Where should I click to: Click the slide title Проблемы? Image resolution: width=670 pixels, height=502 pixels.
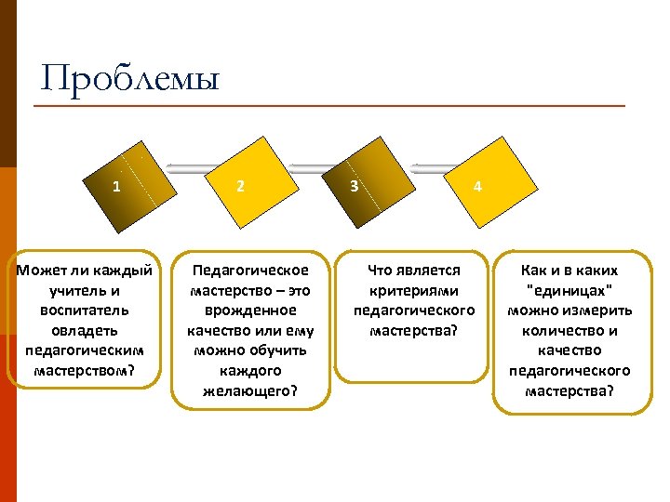tap(130, 79)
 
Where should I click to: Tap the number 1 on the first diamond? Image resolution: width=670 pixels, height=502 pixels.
tap(115, 186)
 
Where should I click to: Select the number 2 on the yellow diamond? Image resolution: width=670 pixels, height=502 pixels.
tap(240, 186)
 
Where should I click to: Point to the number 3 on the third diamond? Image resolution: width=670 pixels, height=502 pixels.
tap(354, 186)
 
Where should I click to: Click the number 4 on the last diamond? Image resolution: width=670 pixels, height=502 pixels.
tap(477, 186)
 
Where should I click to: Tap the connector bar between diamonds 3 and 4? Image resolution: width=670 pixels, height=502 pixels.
tap(430, 168)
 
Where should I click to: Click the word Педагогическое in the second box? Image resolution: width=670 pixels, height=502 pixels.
tap(249, 271)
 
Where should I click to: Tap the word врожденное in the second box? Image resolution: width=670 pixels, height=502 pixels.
tap(249, 310)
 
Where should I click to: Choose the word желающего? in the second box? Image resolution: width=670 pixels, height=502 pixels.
tap(249, 390)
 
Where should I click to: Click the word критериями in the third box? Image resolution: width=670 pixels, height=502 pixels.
tap(414, 290)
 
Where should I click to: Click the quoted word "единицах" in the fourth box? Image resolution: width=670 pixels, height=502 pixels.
tap(569, 290)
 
